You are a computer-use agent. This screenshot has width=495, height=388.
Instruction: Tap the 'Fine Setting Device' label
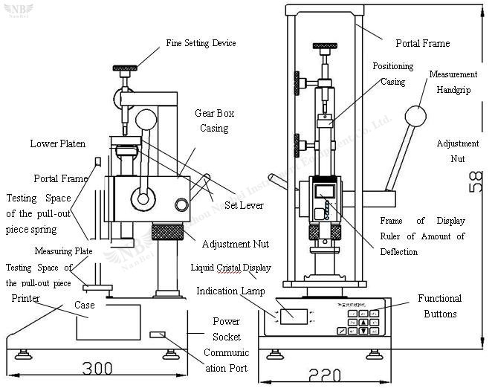click(x=201, y=43)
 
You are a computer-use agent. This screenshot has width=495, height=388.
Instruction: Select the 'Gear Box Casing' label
click(x=214, y=120)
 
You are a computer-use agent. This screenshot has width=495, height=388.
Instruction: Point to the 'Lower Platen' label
click(x=57, y=143)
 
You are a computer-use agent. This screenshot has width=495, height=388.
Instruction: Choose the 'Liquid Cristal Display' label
click(x=230, y=268)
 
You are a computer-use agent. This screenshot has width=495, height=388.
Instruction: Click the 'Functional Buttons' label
click(x=439, y=305)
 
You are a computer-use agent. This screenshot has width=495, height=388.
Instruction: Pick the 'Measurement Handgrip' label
click(x=454, y=83)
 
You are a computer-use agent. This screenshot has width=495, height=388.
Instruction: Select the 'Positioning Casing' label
click(x=392, y=74)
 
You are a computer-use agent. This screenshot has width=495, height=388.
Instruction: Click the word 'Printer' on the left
click(x=26, y=298)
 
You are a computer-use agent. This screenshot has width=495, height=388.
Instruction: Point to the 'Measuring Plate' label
click(x=63, y=251)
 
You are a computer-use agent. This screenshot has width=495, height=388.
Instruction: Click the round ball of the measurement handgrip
click(x=415, y=117)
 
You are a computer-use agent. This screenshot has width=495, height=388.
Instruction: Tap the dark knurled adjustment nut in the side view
click(x=175, y=231)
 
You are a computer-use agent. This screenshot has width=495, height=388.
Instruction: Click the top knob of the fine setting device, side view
click(x=126, y=68)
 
